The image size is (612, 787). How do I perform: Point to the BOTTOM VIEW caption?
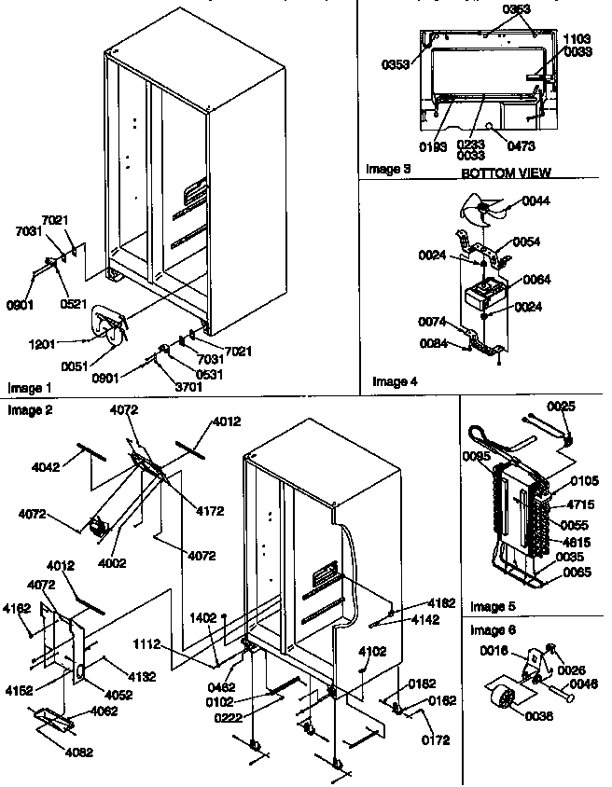click(x=507, y=173)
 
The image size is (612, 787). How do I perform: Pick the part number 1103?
click(x=577, y=39)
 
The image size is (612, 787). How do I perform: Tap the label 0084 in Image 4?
click(x=432, y=344)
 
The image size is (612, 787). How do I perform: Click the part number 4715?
click(x=581, y=504)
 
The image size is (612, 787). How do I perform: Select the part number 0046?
click(x=583, y=683)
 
